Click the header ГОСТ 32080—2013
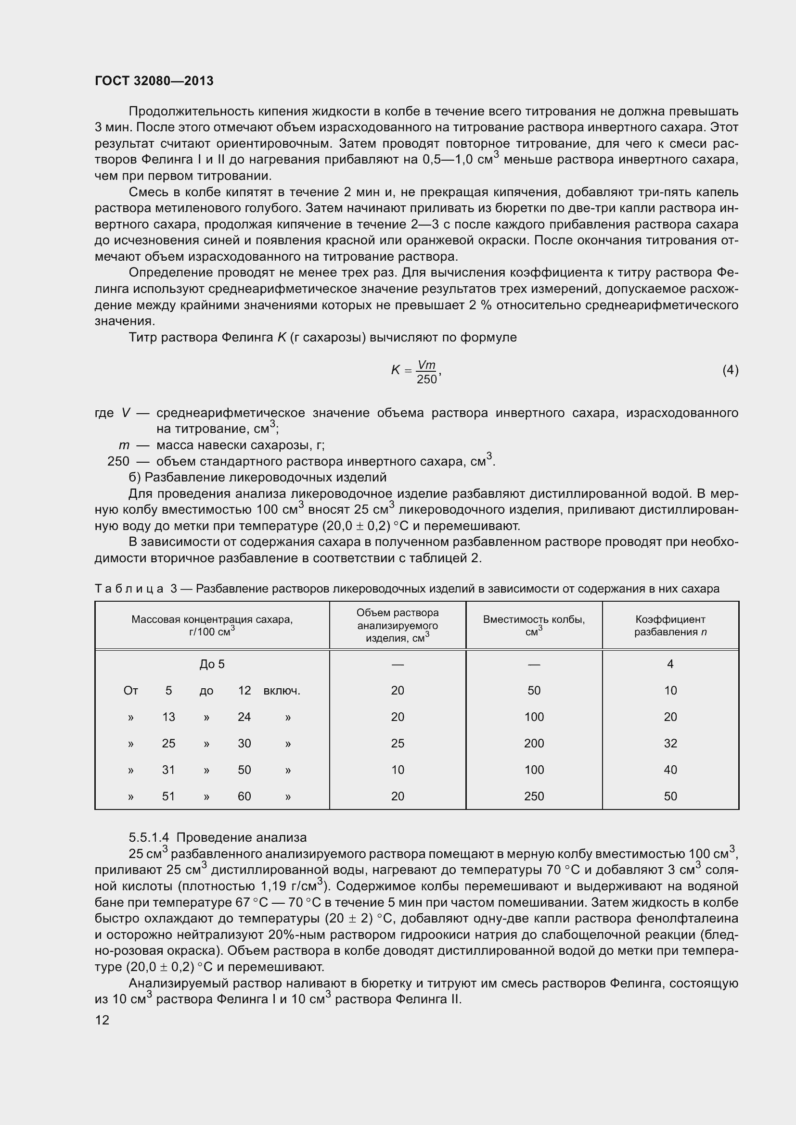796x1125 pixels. pos(154,81)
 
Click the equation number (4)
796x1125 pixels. pos(730,370)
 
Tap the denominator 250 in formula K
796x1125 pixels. pos(426,379)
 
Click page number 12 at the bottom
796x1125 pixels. pos(102,1020)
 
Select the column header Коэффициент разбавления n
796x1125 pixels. pos(670,626)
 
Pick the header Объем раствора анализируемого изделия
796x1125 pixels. pos(398,625)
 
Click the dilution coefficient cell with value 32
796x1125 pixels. pos(670,743)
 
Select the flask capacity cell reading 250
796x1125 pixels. pos(534,796)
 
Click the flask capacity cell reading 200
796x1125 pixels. pos(534,743)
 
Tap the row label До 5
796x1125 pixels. pos(212,664)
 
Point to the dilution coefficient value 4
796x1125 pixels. pos(670,664)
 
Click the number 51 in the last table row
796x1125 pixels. pos(168,796)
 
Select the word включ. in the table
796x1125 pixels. pos(282,691)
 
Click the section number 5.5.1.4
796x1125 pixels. pos(149,837)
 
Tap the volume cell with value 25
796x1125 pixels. pos(398,743)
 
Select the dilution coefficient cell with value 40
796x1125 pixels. pos(670,770)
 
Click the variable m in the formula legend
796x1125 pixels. pos(124,445)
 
